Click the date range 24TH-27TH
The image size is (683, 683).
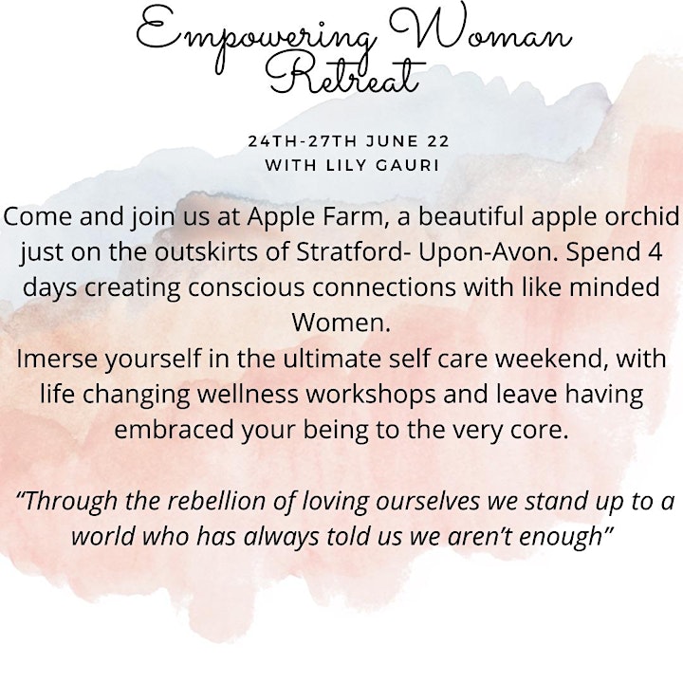pyautogui.click(x=302, y=141)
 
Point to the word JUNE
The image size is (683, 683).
pyautogui.click(x=392, y=141)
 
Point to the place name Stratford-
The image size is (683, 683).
pyautogui.click(x=352, y=252)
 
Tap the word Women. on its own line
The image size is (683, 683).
pyautogui.click(x=341, y=323)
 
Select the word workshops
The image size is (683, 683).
pyautogui.click(x=370, y=395)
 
